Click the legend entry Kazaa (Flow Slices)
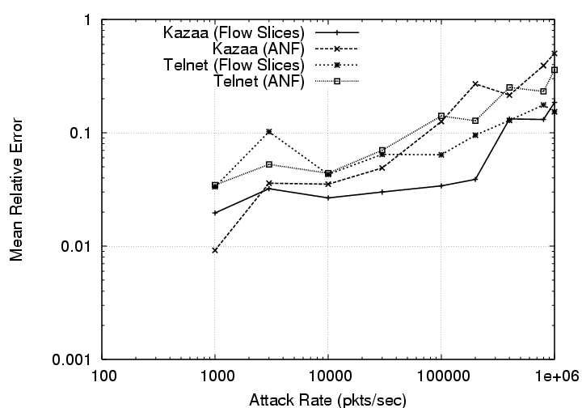pos(233,33)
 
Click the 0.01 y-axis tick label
pos(80,246)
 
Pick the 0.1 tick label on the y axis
pos(83,133)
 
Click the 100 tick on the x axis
pos(102,376)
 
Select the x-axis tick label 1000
pos(215,376)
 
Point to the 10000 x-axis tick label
pos(328,376)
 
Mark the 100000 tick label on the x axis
pos(441,376)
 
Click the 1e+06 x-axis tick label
pos(553,376)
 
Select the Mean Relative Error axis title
pos(16,189)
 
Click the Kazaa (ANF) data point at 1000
pos(215,250)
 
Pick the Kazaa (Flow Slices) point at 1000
pos(215,213)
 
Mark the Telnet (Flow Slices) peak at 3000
pos(269,131)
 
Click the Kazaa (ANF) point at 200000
pos(475,83)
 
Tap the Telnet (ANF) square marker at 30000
pos(382,151)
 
